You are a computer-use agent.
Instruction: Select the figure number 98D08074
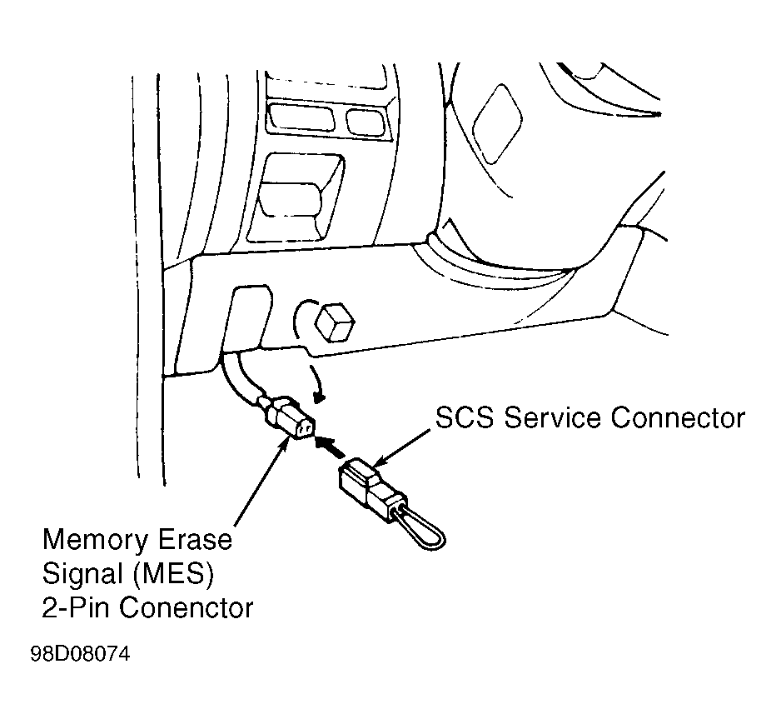point(80,655)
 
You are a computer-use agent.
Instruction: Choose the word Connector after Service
point(677,417)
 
